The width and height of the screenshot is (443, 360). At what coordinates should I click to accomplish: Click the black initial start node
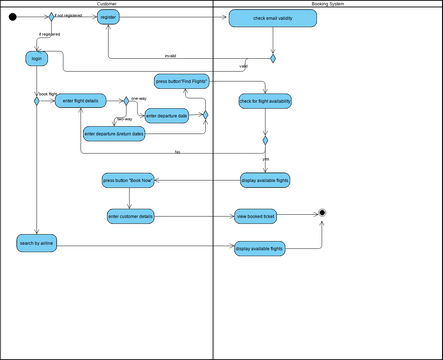click(x=13, y=17)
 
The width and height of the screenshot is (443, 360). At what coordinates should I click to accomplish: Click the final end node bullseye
click(x=322, y=212)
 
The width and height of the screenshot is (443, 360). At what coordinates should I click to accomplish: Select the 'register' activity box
click(x=109, y=18)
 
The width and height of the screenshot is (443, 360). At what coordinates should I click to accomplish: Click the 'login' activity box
click(x=37, y=59)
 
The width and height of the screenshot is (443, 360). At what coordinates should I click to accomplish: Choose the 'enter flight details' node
click(x=81, y=101)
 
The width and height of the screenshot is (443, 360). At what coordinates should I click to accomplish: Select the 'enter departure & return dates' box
click(x=115, y=133)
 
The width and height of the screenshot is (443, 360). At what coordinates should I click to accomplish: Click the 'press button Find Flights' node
click(x=181, y=81)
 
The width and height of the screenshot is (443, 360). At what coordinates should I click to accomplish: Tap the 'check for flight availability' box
click(x=265, y=101)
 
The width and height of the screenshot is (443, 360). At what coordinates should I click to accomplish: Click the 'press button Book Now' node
click(x=127, y=181)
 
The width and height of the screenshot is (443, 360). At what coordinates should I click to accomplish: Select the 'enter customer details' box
click(x=130, y=215)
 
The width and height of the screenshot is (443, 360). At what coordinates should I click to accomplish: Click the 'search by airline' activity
click(x=36, y=243)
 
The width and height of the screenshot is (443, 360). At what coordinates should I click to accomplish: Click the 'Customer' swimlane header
click(x=106, y=4)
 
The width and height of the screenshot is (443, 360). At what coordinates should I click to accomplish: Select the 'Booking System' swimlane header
click(x=327, y=4)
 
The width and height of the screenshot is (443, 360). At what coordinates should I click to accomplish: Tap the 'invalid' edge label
click(x=170, y=55)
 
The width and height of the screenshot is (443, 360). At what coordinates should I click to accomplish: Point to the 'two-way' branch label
click(x=125, y=119)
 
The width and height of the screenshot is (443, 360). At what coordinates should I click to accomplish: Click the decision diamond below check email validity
click(x=272, y=58)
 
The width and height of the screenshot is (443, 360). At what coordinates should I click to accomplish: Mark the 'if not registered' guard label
click(x=70, y=15)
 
